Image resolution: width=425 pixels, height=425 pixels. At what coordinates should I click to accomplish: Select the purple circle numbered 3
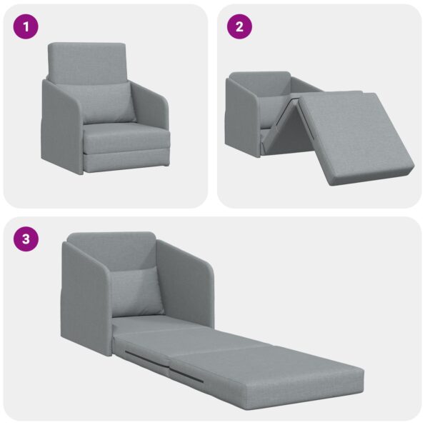point(26,239)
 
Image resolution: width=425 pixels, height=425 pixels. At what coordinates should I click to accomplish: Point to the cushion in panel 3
point(136,291)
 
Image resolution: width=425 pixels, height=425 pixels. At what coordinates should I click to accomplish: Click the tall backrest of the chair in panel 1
point(86,61)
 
